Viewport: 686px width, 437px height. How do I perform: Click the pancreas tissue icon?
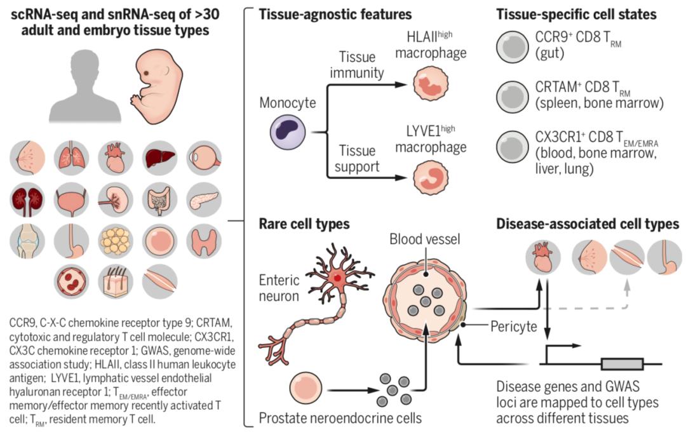(x=204, y=200)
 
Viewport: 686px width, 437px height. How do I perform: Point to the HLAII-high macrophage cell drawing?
(x=430, y=86)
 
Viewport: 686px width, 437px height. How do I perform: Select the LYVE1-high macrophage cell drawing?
(x=430, y=180)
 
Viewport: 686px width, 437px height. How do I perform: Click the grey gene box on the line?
(x=622, y=365)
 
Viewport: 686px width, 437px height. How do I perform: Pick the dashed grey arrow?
(x=597, y=307)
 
